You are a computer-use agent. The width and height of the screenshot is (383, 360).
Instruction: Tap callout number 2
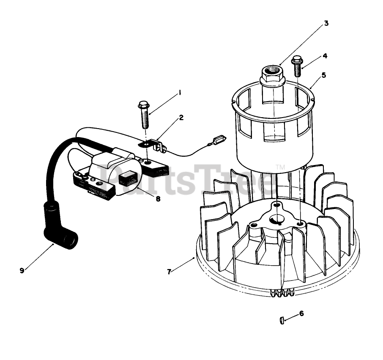(x=181, y=118)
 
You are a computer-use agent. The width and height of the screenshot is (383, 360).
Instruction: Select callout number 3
(x=326, y=23)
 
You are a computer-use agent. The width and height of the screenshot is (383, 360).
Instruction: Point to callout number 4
(x=325, y=55)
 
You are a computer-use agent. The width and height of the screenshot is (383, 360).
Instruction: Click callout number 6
(x=301, y=313)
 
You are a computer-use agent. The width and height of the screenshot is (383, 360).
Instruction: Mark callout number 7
(x=169, y=272)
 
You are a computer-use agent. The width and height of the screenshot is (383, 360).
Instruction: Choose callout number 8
(x=158, y=198)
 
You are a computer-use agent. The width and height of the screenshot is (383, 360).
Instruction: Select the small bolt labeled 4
(x=298, y=66)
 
